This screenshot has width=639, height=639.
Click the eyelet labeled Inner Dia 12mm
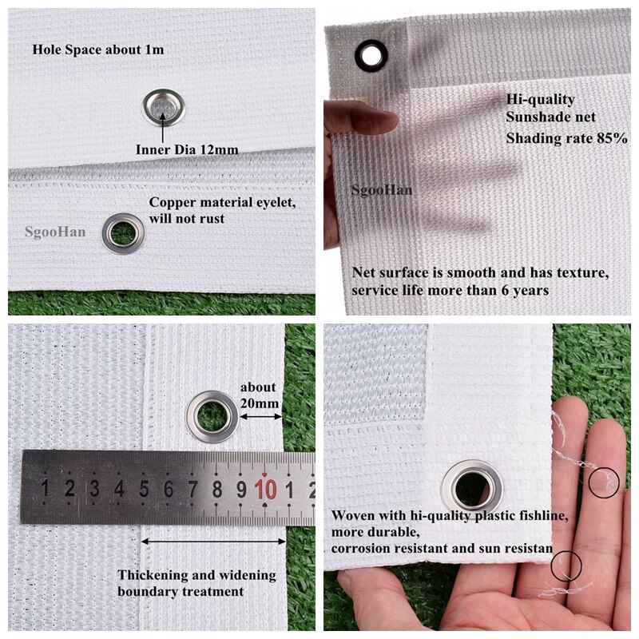(x=164, y=107)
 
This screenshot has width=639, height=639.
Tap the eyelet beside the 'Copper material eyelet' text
(x=123, y=233)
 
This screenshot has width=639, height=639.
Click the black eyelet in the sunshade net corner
(x=371, y=55)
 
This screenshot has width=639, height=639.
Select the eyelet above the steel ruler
(x=212, y=416)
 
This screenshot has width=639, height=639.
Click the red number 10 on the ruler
(x=266, y=488)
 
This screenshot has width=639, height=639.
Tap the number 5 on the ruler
(x=144, y=488)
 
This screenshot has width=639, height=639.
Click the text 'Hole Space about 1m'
(x=98, y=50)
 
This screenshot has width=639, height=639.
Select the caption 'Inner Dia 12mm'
(x=187, y=149)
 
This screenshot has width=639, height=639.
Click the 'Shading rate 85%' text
(x=567, y=138)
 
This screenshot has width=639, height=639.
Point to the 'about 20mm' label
(x=258, y=395)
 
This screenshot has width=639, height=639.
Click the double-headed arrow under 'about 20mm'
(x=260, y=416)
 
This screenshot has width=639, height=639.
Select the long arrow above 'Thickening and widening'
(x=213, y=541)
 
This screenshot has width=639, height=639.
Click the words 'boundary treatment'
(x=181, y=592)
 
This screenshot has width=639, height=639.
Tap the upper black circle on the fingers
(x=603, y=483)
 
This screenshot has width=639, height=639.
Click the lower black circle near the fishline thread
(x=566, y=566)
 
